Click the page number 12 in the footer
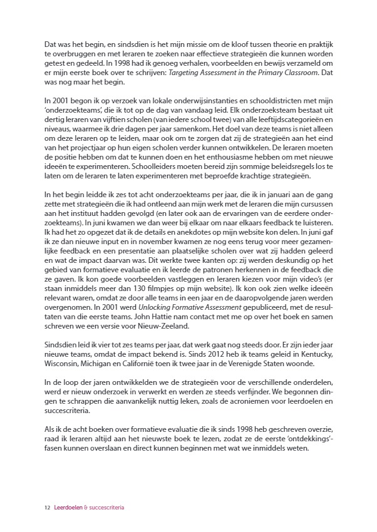47,508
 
